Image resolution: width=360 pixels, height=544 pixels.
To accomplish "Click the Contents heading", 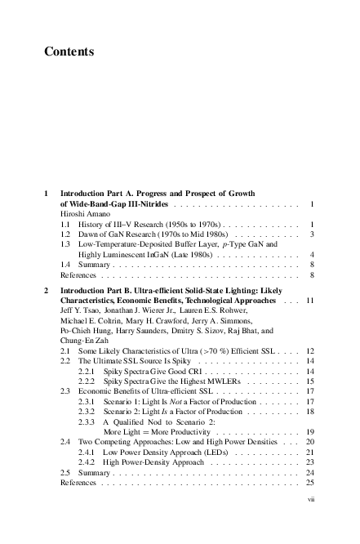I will click(69, 52).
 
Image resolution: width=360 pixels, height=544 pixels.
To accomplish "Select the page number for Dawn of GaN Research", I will click(313, 234).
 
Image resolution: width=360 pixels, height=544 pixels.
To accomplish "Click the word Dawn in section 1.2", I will click(87, 234).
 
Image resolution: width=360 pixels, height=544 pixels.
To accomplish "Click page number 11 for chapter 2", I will click(311, 301).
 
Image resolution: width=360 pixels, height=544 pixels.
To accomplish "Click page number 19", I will click(311, 430).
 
